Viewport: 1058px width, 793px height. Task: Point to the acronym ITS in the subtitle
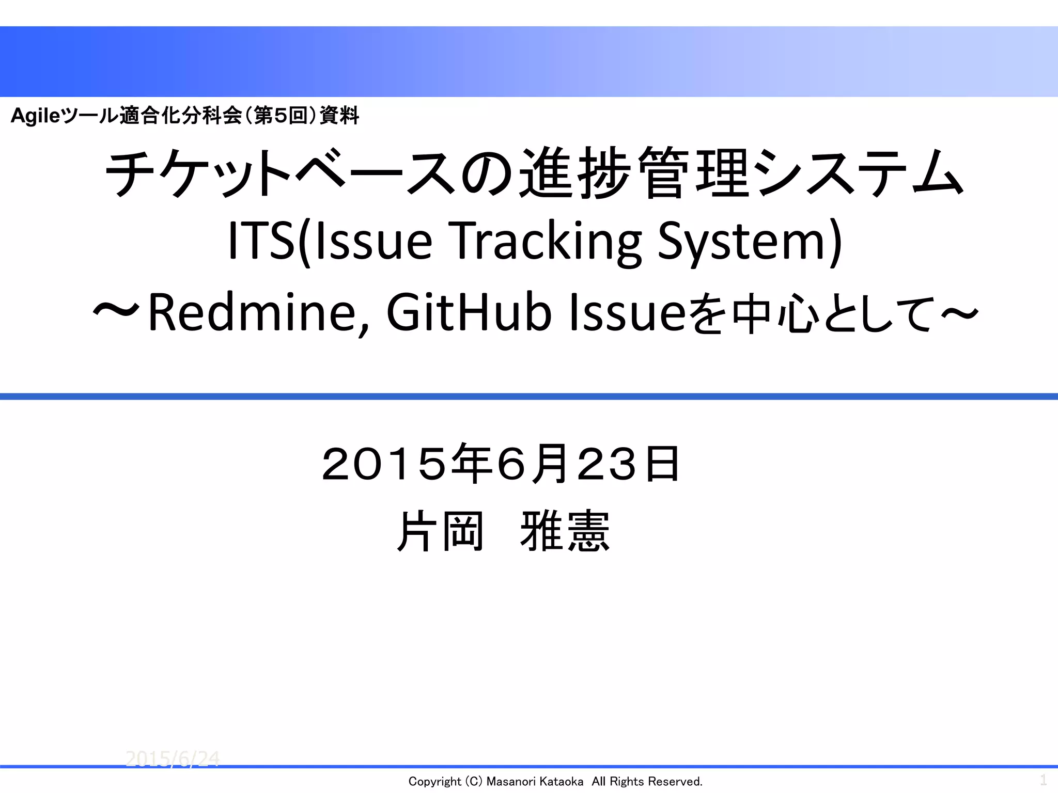[x=261, y=241]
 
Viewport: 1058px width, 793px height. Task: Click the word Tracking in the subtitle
[x=548, y=241]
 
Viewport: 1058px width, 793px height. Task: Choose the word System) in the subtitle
[x=749, y=241]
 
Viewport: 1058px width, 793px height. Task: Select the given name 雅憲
[x=565, y=531]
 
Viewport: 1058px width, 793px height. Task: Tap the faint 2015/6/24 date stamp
[x=173, y=758]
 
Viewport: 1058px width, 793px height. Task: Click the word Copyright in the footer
[x=434, y=782]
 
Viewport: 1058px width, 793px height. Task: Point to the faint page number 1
[x=1043, y=779]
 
